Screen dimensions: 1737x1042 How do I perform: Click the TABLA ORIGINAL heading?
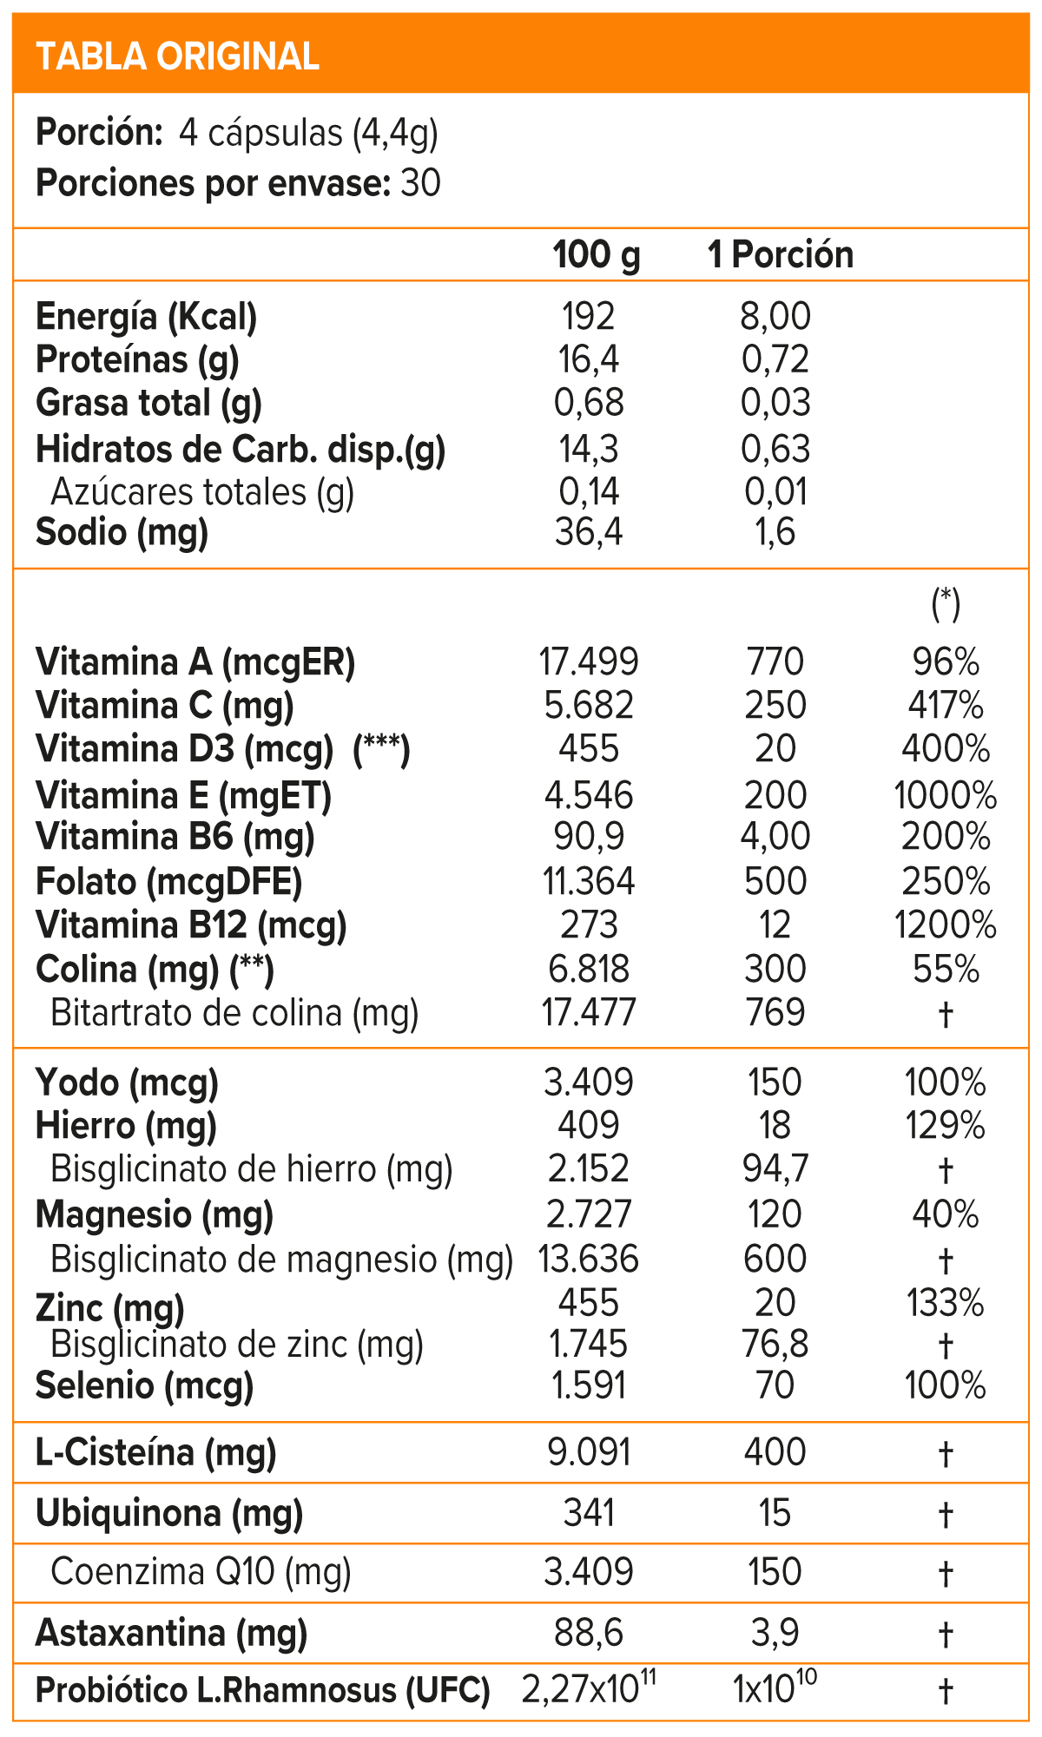(178, 56)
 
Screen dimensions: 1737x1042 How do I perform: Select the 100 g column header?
(597, 255)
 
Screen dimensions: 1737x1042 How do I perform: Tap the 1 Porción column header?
(781, 255)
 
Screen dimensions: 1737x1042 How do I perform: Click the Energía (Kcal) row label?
(146, 318)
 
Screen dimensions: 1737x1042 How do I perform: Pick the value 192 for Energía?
(589, 317)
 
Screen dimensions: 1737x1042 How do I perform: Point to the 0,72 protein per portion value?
(775, 360)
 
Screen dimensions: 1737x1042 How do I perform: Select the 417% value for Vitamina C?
(946, 706)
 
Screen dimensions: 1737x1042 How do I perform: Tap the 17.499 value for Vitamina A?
(589, 662)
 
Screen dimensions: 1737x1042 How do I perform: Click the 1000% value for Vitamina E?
(946, 796)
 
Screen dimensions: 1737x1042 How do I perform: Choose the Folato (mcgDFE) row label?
(168, 883)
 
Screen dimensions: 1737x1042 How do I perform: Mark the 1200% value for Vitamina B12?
(946, 926)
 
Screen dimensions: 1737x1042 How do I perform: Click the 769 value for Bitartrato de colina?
(775, 1013)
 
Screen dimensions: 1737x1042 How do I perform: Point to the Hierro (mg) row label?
(126, 1127)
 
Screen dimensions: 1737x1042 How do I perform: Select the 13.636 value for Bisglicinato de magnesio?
(589, 1260)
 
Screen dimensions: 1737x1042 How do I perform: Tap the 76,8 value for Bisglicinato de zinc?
(775, 1345)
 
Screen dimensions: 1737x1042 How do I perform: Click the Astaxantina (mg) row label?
(171, 1635)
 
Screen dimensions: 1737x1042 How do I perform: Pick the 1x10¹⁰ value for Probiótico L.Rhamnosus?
(775, 1689)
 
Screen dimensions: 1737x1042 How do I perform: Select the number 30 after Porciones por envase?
(421, 184)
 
